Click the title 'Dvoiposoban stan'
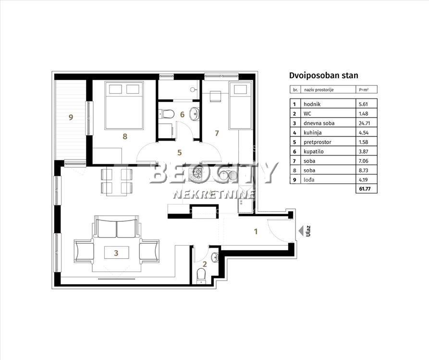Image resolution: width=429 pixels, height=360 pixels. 324,76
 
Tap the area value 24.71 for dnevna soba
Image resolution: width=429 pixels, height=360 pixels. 364,123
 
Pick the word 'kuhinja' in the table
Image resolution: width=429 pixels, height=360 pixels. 312,133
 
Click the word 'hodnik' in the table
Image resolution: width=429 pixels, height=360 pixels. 312,104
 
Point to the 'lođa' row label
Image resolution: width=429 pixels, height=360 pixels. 309,180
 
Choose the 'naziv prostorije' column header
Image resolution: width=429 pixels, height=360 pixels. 319,90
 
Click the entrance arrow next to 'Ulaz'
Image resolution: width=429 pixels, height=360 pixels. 301,231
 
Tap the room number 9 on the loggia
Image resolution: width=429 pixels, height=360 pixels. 71,117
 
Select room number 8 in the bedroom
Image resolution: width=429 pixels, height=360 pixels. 125,136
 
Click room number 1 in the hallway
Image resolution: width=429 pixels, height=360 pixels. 256,232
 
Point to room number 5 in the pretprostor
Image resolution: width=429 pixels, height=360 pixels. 180,153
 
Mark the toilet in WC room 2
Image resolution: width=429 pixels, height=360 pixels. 201,276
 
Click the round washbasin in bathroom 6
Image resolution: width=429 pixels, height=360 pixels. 195,114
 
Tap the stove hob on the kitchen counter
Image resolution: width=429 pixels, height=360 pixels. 196,174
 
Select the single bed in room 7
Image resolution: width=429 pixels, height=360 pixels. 240,106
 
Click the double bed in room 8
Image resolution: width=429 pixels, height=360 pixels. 124,105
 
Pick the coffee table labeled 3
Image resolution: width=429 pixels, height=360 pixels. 116,252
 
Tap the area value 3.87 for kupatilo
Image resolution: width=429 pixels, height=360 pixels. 363,152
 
